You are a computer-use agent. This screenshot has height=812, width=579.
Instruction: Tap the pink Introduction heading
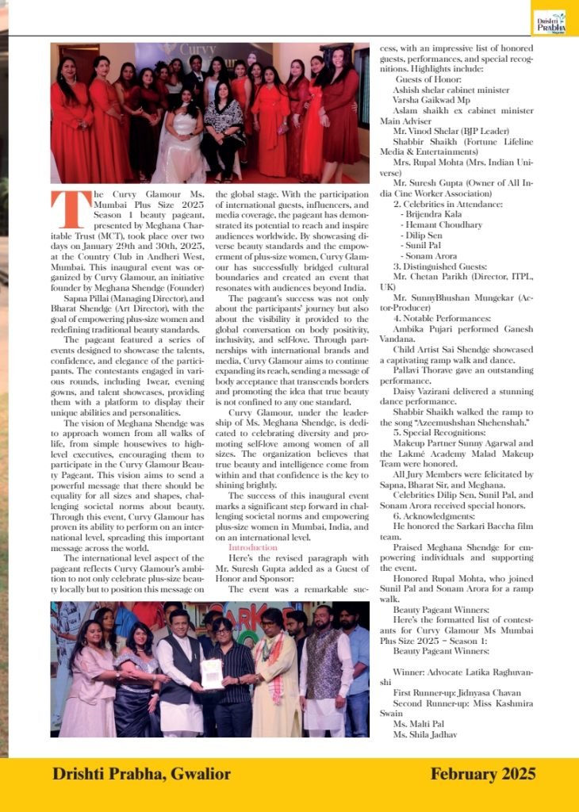pyautogui.click(x=253, y=547)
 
